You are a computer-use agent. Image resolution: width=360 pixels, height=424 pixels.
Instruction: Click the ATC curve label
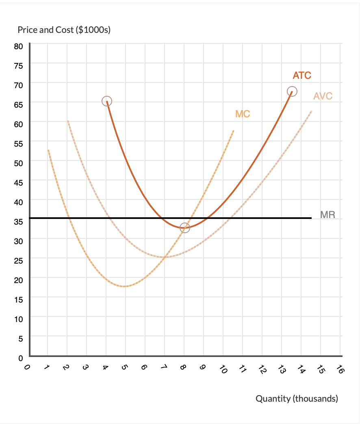302,75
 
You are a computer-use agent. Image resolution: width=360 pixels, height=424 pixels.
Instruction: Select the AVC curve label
323,96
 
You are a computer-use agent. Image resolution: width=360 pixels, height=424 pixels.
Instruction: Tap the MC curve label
243,114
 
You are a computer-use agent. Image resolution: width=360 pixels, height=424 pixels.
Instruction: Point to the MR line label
328,214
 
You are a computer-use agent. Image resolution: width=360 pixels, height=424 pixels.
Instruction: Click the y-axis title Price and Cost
64,30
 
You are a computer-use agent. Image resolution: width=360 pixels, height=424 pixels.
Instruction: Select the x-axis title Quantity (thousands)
297,398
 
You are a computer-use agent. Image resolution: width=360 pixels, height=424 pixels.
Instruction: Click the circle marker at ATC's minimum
185,228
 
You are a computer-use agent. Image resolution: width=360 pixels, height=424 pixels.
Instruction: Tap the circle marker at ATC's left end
106,101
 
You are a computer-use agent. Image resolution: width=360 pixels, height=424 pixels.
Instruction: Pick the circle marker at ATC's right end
292,91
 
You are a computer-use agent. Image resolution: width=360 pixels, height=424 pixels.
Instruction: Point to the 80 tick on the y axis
19,46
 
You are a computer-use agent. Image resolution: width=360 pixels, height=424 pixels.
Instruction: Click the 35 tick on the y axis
19,221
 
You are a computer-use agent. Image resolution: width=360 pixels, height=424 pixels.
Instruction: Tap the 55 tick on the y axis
19,143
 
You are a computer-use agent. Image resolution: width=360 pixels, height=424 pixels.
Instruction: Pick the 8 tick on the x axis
184,368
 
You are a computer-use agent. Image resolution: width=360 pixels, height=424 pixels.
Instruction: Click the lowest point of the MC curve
125,286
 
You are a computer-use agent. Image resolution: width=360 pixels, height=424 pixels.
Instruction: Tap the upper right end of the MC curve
234,131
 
